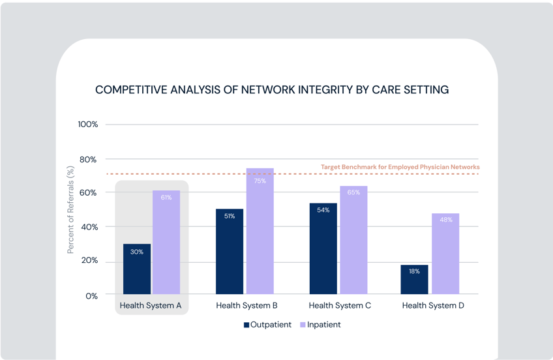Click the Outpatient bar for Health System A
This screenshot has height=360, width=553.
coord(137,269)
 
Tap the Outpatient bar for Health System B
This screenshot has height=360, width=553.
coord(230,251)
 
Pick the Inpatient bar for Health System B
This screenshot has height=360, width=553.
coord(260,231)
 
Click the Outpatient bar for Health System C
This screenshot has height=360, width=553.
coord(323,248)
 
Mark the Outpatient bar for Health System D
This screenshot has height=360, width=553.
coord(415,279)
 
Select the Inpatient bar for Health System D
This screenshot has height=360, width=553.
coord(445,254)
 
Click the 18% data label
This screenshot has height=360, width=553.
coord(415,271)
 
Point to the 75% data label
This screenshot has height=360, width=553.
coord(260,181)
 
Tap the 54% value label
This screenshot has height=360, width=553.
coord(323,210)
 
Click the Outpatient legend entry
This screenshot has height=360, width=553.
coord(268,324)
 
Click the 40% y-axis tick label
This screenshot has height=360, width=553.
coord(88,227)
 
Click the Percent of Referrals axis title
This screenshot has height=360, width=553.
coord(71,209)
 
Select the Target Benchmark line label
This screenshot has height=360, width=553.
coord(400,168)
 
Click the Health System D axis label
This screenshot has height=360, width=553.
coord(433,305)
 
